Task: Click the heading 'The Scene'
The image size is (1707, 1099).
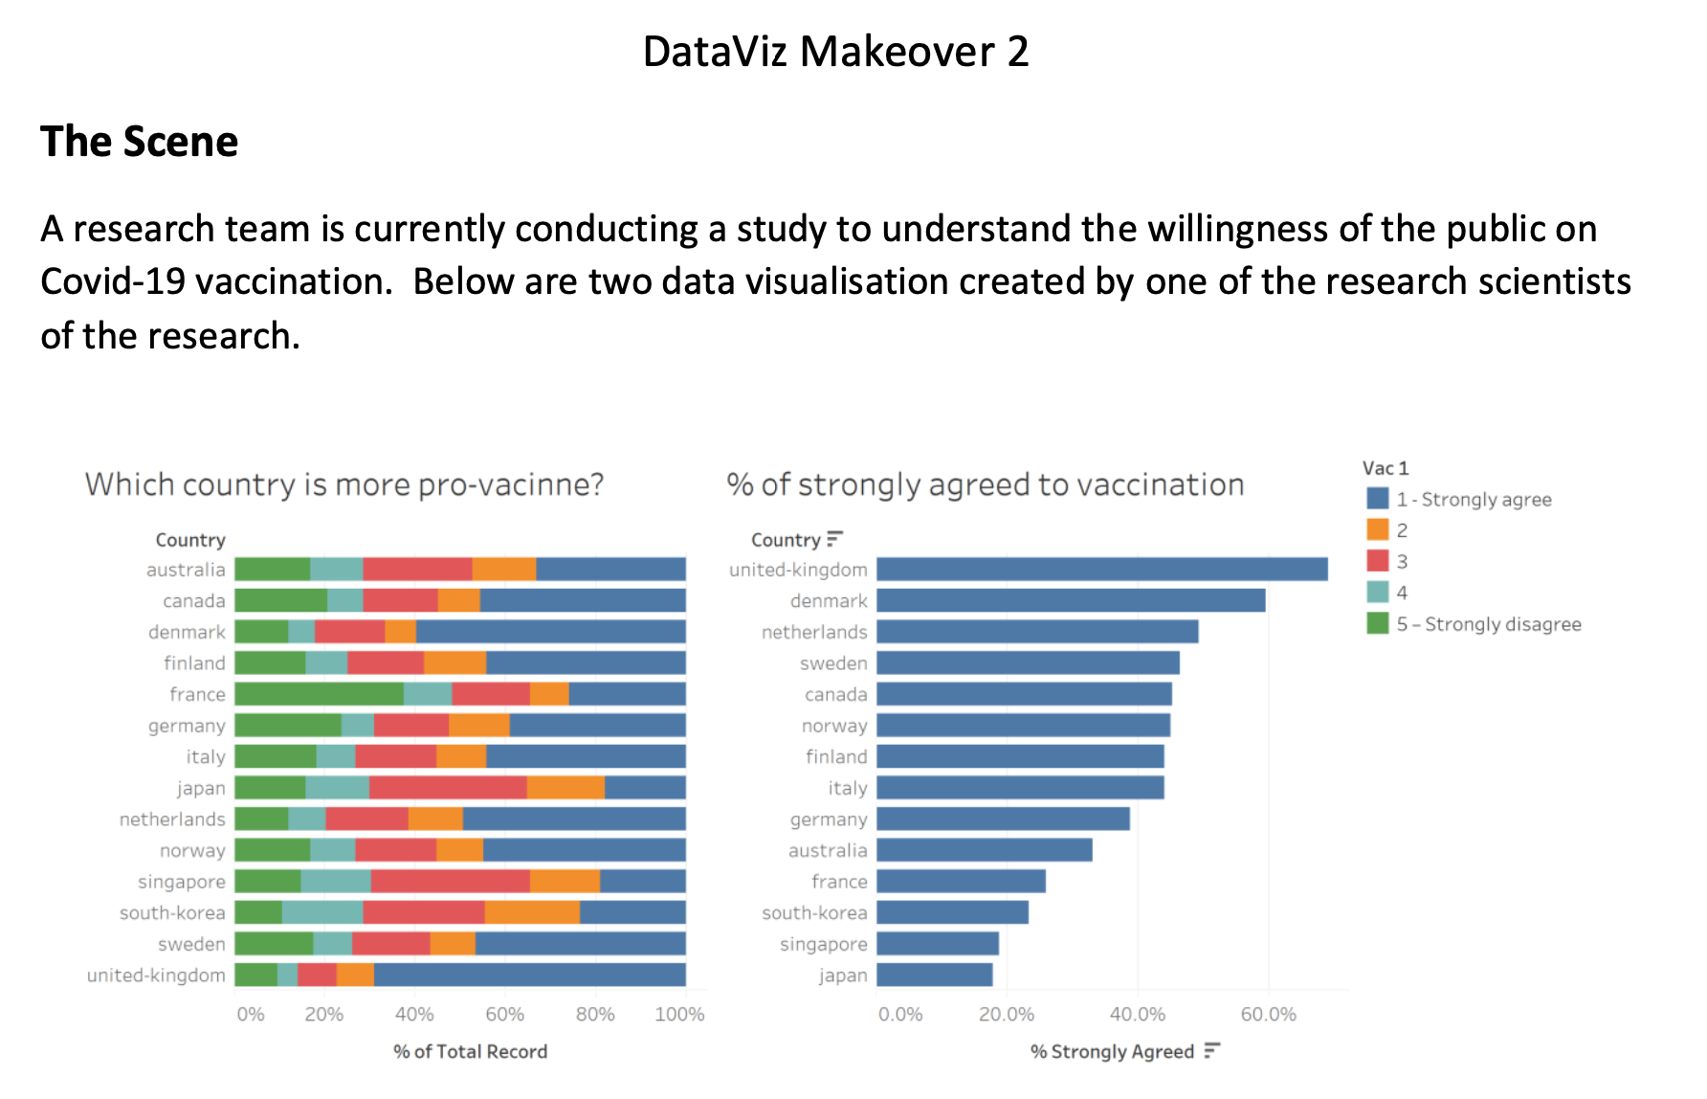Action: coord(139,142)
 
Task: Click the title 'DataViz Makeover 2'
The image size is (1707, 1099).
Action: coord(835,52)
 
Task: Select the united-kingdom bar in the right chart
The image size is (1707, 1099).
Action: coord(1101,570)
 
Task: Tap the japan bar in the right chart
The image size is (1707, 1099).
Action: coord(934,976)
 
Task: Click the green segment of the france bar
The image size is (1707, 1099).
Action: coord(319,694)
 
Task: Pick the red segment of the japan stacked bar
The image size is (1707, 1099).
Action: coord(447,788)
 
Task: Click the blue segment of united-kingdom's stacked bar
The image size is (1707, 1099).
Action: coord(529,976)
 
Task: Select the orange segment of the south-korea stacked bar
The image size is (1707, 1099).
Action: coord(532,913)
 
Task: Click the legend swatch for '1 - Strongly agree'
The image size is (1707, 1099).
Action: coord(1377,499)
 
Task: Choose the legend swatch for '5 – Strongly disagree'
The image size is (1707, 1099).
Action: coord(1377,624)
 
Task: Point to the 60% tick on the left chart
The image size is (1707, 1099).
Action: coord(504,1015)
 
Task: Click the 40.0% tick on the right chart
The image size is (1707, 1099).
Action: coord(1137,1015)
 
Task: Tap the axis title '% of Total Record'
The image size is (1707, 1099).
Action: coord(470,1052)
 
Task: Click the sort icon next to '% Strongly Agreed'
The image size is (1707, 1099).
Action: coord(1212,1051)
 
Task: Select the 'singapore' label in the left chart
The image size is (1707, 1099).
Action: coord(182,882)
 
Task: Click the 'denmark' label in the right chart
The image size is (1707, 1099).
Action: coord(829,601)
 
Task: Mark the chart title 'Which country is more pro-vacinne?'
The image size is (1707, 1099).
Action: coord(344,484)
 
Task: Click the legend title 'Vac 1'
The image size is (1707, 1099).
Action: coord(1385,468)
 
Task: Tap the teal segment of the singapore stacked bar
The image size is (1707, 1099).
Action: coord(335,882)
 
